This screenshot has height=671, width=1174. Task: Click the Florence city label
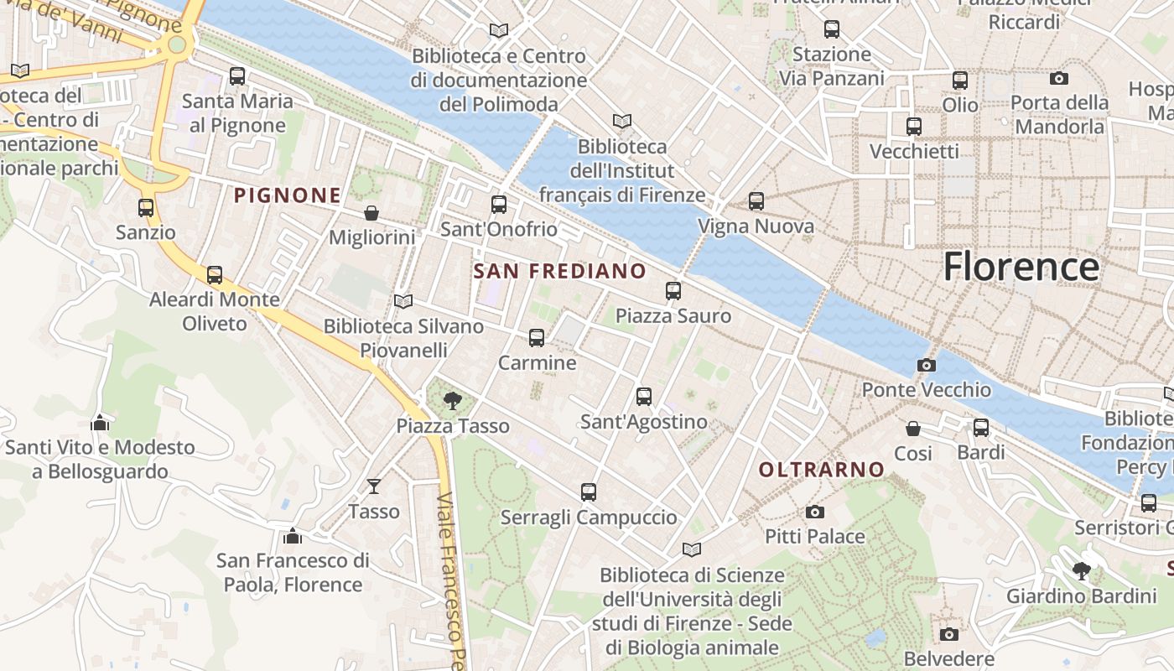(1021, 267)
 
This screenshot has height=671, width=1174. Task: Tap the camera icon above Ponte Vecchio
(927, 365)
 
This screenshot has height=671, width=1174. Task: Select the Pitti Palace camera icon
(814, 512)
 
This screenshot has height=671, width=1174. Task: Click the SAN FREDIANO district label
(559, 271)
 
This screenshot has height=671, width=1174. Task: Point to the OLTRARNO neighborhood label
(822, 470)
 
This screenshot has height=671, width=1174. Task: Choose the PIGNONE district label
(288, 195)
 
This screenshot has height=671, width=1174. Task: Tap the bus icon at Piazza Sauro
(673, 291)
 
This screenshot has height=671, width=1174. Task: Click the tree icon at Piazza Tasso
(453, 400)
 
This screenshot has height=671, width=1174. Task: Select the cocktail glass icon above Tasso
(374, 486)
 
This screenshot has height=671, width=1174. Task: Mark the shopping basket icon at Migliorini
(371, 213)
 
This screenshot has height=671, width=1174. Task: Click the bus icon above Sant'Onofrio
(499, 204)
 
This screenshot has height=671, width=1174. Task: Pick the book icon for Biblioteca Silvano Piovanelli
(403, 301)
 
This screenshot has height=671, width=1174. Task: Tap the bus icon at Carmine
(537, 338)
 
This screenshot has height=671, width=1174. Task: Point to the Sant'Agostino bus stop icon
(644, 397)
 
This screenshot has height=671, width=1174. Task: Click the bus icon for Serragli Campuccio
(589, 492)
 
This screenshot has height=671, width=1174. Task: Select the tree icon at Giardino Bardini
(1082, 571)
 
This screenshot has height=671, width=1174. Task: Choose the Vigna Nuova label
(756, 226)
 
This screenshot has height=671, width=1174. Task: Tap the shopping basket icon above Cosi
(913, 429)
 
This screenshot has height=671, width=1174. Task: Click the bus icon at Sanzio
(146, 207)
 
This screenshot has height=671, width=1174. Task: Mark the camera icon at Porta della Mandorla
(1059, 78)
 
